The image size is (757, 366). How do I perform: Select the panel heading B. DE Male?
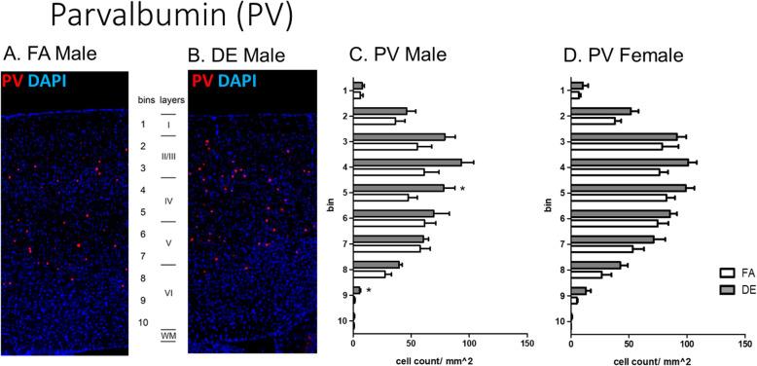click(236, 54)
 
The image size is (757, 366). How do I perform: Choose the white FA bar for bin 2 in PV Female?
click(593, 121)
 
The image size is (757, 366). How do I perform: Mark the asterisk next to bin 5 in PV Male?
click(462, 190)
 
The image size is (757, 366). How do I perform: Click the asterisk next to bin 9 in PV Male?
click(369, 291)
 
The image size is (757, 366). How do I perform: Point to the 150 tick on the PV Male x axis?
click(526, 342)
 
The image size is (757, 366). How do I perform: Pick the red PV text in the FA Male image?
click(13, 79)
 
